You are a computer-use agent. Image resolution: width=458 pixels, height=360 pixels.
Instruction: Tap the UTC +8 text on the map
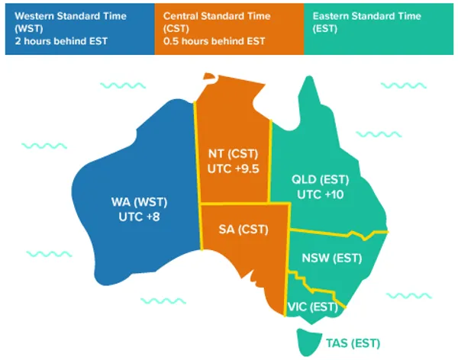click(140, 217)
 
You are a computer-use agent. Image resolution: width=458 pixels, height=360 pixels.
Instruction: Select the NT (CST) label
click(232, 154)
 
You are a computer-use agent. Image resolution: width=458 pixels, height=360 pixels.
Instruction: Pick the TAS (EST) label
click(353, 343)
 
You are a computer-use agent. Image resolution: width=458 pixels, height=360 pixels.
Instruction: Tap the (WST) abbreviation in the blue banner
click(24, 28)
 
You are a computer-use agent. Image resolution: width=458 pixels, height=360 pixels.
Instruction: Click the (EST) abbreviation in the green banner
click(326, 28)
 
